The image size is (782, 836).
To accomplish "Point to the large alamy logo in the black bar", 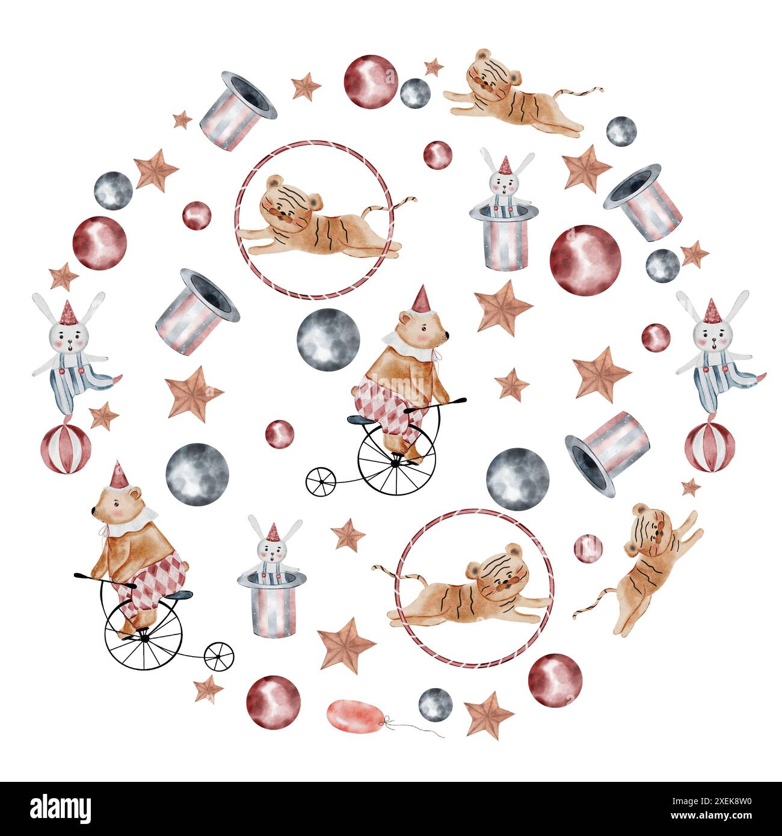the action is coord(61,808).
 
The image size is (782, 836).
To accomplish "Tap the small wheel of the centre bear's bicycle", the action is coord(321,481).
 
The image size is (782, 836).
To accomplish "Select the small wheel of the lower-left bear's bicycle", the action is coord(219,656).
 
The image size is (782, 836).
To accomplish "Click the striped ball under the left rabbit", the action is coord(66,449).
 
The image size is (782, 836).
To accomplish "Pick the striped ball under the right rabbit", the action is coord(710,447).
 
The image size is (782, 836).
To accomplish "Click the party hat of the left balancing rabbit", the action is coord(68,312).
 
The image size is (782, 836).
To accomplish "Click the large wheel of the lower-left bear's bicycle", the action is coord(144,634).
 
